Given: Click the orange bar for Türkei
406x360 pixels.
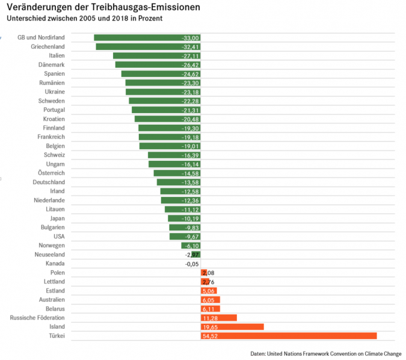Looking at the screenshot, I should click(289, 336).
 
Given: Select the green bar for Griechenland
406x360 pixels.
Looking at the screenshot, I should click(147, 46).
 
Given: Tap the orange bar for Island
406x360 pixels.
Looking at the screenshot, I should click(232, 327).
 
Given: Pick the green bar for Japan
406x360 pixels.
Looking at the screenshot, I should click(183, 219).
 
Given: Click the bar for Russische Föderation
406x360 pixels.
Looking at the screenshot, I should click(218, 318).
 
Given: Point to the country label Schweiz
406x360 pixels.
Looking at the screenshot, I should click(55, 155).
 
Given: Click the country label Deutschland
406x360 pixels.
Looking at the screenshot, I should click(49, 182).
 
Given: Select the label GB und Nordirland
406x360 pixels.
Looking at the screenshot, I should click(41, 37).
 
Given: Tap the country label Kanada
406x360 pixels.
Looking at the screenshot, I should click(55, 264).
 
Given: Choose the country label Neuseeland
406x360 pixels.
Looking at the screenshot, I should click(50, 255).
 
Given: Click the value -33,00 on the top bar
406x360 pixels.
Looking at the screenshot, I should click(190, 38).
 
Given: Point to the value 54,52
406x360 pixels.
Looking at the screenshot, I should click(211, 336).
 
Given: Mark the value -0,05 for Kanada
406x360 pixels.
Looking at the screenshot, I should click(192, 264).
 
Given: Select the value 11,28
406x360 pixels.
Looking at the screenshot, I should click(211, 318).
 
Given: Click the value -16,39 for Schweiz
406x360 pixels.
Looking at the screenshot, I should click(190, 155).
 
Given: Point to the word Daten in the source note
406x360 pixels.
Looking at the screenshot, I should click(258, 353).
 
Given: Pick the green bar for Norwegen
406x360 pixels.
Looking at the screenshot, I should click(191, 246).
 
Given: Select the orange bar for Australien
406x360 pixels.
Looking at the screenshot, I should click(211, 300).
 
